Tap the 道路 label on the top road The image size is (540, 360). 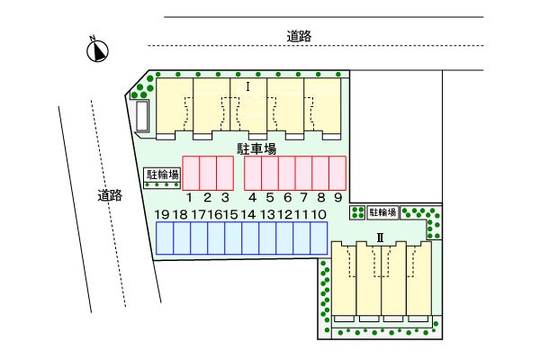coord(300,36)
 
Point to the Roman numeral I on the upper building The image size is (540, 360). coord(247,86)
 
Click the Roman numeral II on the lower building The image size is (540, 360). coord(380,238)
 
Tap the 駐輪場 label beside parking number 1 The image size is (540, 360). coord(163,175)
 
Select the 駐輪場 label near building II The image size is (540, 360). coord(382,212)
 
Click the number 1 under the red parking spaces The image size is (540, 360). coord(190,197)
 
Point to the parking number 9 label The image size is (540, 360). coord(337,197)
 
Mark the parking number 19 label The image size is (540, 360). coord(162,214)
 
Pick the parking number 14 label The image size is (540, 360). coord(248,214)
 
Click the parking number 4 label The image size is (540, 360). coord(253,197)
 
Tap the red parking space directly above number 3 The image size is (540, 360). coord(225,171)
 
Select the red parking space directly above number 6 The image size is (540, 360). coord(287,171)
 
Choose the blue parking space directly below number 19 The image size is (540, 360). coord(165,238)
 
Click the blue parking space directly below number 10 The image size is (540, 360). coord(319,238)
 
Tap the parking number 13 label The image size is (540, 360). coord(267,214)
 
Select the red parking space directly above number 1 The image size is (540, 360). coord(191,171)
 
